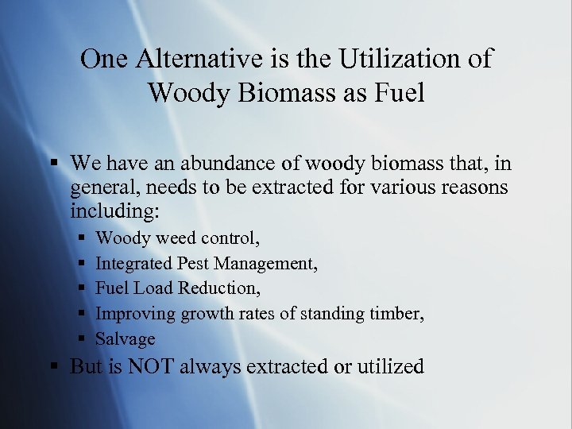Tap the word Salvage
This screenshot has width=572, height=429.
(125, 339)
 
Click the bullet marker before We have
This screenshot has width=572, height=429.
(54, 164)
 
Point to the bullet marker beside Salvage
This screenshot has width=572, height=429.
(81, 339)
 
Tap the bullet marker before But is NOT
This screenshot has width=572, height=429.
(54, 367)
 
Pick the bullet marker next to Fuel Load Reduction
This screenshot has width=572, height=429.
(81, 288)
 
